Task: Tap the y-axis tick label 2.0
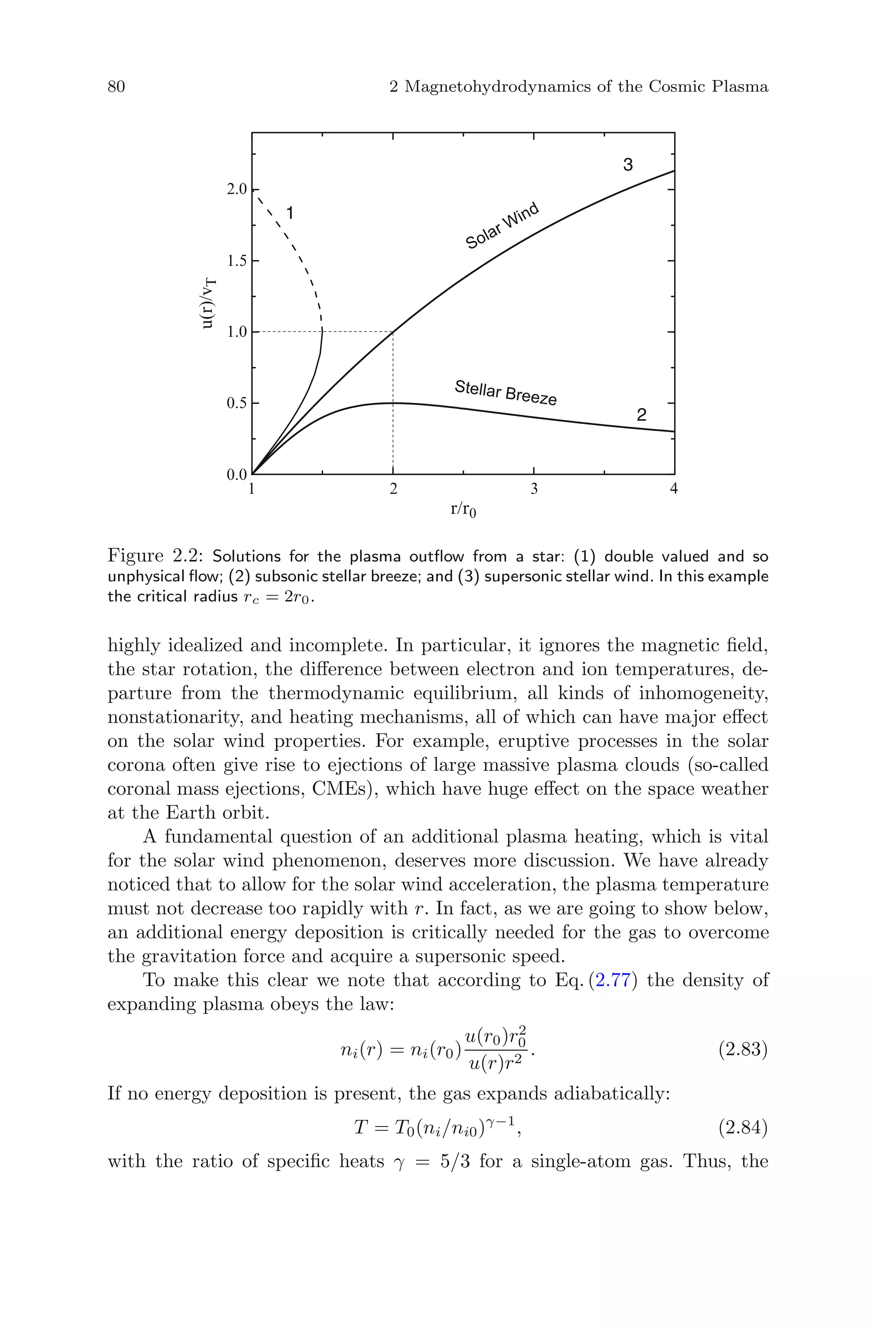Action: click(x=236, y=189)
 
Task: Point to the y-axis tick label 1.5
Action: click(x=236, y=261)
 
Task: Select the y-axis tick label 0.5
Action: click(x=236, y=403)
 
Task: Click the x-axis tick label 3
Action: click(x=534, y=489)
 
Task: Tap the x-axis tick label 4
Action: click(x=674, y=489)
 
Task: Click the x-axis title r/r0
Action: click(x=463, y=510)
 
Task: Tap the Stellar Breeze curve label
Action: click(x=506, y=392)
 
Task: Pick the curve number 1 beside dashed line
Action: click(x=290, y=213)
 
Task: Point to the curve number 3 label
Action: click(x=628, y=165)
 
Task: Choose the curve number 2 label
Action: click(x=641, y=415)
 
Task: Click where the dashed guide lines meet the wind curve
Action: click(x=394, y=332)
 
